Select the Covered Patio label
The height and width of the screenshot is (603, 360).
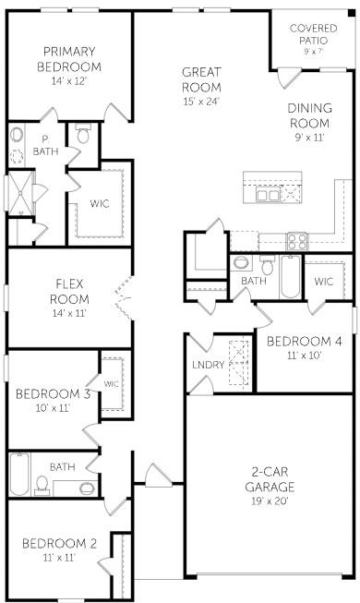313,34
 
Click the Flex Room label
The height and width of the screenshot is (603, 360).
71,291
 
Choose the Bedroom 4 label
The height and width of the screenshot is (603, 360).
305,341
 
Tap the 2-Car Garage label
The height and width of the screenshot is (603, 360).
270,478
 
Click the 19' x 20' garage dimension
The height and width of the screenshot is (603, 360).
270,500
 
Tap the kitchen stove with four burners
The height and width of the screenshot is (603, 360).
297,240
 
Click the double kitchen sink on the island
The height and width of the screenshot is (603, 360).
269,195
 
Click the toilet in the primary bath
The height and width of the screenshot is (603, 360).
83,136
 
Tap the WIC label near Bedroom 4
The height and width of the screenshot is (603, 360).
323,281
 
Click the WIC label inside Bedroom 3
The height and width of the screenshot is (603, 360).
112,384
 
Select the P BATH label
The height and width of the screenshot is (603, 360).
43,144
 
